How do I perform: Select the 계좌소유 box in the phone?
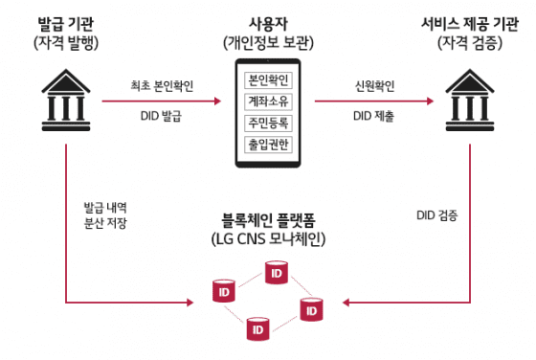tap(268, 101)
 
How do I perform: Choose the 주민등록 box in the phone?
tap(268, 123)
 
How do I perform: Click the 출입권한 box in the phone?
tap(268, 145)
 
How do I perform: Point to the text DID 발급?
tap(162, 117)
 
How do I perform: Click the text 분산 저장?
tap(105, 223)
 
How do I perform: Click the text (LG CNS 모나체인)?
tap(268, 237)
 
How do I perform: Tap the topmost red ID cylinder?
tap(277, 276)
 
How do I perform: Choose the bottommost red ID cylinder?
tap(256, 329)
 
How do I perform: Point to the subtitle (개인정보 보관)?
tap(268, 41)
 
